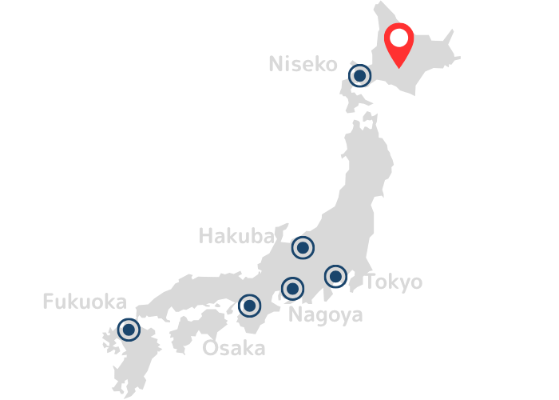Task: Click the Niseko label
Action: click(303, 64)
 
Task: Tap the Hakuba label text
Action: click(236, 236)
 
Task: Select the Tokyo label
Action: click(393, 282)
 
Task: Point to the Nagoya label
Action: click(325, 315)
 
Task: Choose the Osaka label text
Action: click(233, 349)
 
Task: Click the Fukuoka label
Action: click(84, 302)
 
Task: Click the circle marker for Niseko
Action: click(360, 76)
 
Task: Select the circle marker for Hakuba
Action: click(303, 248)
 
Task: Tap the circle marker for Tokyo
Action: click(336, 278)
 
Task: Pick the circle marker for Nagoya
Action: click(293, 288)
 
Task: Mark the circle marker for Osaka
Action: click(250, 306)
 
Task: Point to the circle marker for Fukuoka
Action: click(128, 330)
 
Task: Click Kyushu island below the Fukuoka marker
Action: click(132, 364)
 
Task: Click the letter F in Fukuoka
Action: click(47, 302)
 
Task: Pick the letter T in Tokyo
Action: click(371, 282)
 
